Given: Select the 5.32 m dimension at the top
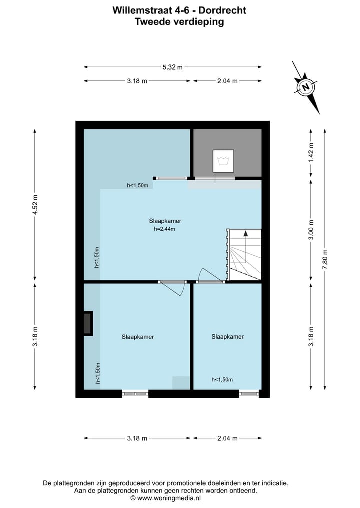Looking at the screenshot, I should pyautogui.click(x=172, y=67).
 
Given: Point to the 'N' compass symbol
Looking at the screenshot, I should pyautogui.click(x=306, y=87).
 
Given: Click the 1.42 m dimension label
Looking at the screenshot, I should pyautogui.click(x=311, y=153).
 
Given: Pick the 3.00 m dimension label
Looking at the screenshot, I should pyautogui.click(x=311, y=230).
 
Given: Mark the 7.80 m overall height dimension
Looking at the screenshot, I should pyautogui.click(x=325, y=259).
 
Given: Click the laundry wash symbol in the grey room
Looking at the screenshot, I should pyautogui.click(x=223, y=161).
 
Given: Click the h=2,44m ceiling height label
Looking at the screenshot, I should pyautogui.click(x=165, y=229).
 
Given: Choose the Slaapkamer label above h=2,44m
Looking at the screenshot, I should pyautogui.click(x=165, y=221).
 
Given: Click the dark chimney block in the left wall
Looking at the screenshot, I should pyautogui.click(x=88, y=323).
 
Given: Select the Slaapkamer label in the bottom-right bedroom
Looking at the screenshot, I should pyautogui.click(x=227, y=336).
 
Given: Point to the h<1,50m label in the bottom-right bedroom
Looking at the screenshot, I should pyautogui.click(x=222, y=379).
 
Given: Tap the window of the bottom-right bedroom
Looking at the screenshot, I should pyautogui.click(x=248, y=394).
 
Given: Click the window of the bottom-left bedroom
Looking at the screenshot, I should pyautogui.click(x=135, y=394).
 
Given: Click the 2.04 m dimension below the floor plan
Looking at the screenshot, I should pyautogui.click(x=227, y=438).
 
